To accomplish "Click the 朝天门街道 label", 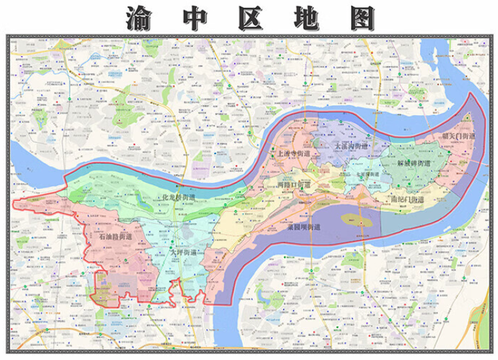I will point(458,136).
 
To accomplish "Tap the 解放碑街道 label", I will point(413,163).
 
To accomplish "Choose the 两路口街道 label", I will point(294,184).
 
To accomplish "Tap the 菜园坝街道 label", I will point(300,227).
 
